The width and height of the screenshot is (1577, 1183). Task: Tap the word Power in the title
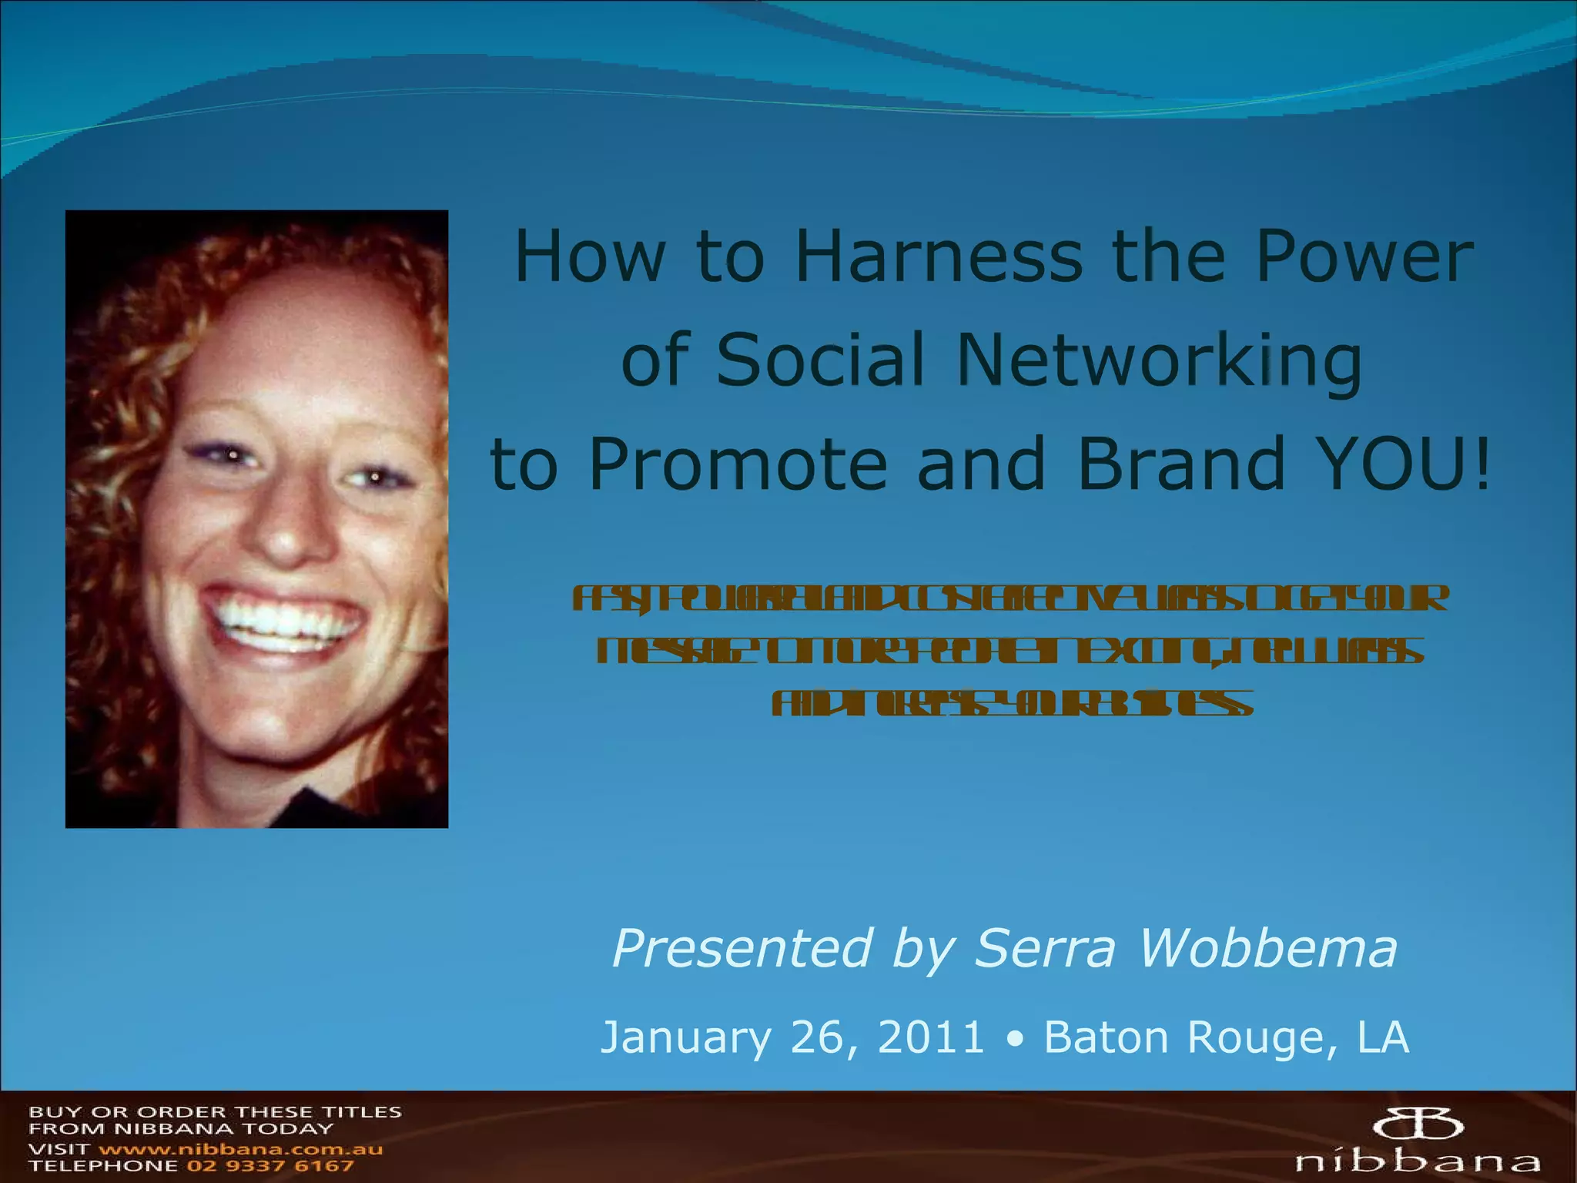click(x=1364, y=256)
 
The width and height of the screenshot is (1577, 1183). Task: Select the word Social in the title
click(x=819, y=360)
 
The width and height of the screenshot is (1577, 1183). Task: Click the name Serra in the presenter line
click(x=1045, y=947)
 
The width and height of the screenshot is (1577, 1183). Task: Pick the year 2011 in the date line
click(x=931, y=1037)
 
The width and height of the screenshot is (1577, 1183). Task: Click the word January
click(x=685, y=1037)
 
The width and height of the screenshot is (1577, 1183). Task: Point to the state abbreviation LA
click(x=1383, y=1037)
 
